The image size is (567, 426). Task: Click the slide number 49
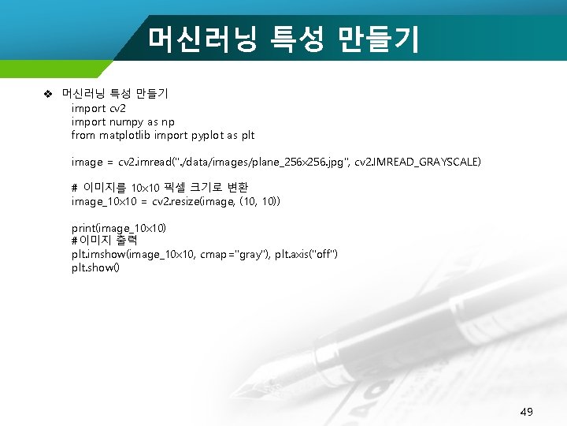[527, 411]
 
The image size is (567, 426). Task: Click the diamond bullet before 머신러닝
[47, 95]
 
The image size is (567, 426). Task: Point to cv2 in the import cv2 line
[117, 108]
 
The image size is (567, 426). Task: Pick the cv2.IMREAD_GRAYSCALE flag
[417, 162]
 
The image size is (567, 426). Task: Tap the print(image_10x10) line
[119, 228]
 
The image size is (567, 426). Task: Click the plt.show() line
[95, 267]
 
